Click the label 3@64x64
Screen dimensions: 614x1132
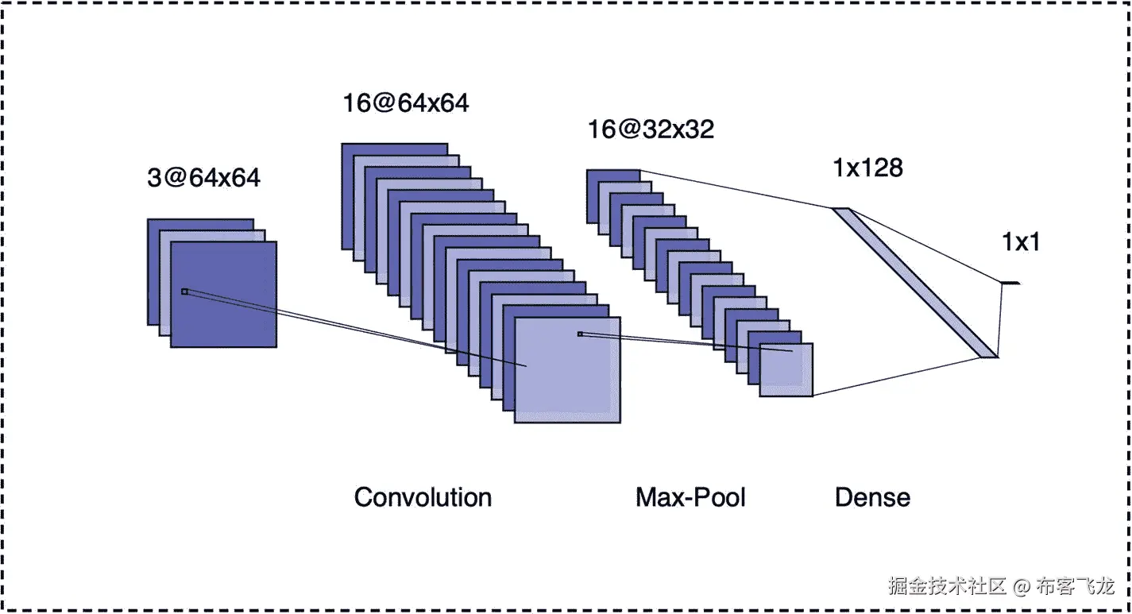(214, 178)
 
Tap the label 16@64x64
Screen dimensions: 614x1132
(405, 103)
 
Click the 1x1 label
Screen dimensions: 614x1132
(1021, 243)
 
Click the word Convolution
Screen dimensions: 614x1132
(423, 497)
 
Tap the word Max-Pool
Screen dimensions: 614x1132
(690, 497)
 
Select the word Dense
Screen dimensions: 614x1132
(872, 498)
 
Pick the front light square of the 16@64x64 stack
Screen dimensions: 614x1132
(567, 381)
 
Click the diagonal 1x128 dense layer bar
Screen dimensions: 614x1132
(914, 282)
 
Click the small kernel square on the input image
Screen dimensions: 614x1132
(184, 292)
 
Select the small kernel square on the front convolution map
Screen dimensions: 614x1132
(580, 334)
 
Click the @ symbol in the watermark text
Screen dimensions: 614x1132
(1022, 587)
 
